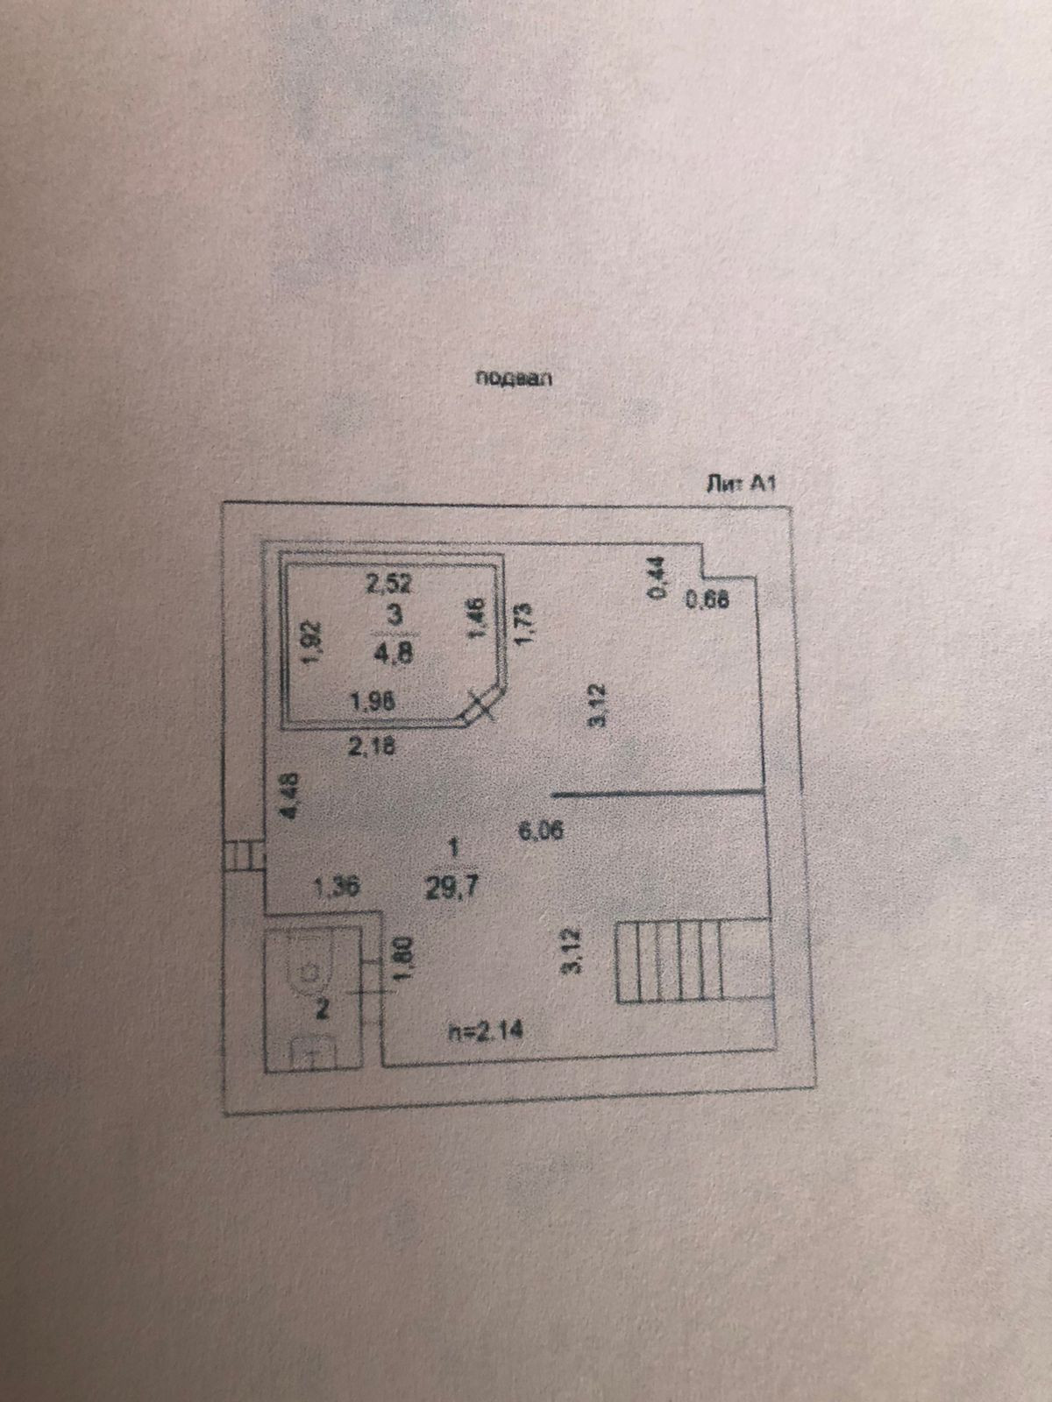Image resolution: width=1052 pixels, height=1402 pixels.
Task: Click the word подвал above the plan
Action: [516, 379]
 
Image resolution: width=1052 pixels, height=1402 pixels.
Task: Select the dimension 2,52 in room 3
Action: [388, 583]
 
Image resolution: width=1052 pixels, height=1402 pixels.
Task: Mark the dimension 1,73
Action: [524, 624]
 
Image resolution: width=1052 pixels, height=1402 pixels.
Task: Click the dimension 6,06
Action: [540, 829]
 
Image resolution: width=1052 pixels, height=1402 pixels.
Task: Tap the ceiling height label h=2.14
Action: [485, 1032]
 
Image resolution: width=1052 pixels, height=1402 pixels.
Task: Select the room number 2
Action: [322, 1010]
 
